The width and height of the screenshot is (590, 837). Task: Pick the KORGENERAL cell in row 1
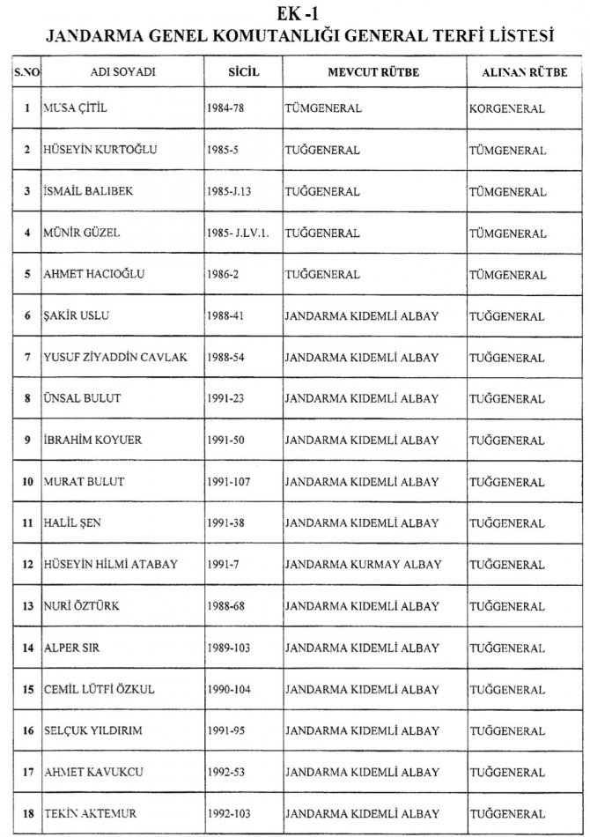507,109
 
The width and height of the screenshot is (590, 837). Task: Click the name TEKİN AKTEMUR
90,813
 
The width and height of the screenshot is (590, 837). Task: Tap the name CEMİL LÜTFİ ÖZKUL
99,689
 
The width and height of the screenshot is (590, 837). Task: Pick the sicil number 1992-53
226,772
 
